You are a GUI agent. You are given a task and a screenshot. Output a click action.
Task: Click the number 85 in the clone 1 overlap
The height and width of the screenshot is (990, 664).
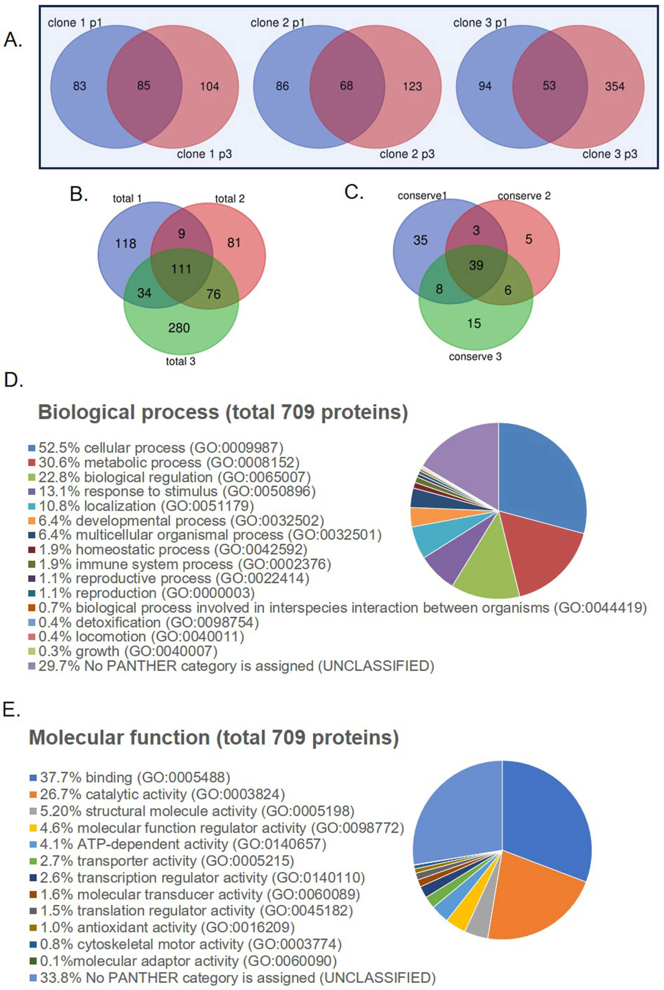[x=144, y=86]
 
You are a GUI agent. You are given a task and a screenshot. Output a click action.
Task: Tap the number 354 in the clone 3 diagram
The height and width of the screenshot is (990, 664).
[x=615, y=86]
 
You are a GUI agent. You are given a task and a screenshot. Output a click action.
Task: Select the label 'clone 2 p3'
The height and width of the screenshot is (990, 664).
[x=407, y=154]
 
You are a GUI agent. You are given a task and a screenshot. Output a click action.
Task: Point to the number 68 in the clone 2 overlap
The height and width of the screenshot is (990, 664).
[x=346, y=86]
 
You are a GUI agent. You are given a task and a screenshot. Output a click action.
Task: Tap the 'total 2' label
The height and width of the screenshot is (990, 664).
[x=230, y=199]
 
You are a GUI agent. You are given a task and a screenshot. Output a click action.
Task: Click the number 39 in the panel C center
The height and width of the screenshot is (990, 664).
[x=476, y=265]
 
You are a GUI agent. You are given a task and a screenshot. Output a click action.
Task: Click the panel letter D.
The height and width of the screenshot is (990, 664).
[x=13, y=381]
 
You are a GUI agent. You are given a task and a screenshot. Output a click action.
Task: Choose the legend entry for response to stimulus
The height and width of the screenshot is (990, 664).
[x=177, y=492]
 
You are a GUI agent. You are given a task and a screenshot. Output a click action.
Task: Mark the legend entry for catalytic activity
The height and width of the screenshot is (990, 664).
[x=162, y=794]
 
